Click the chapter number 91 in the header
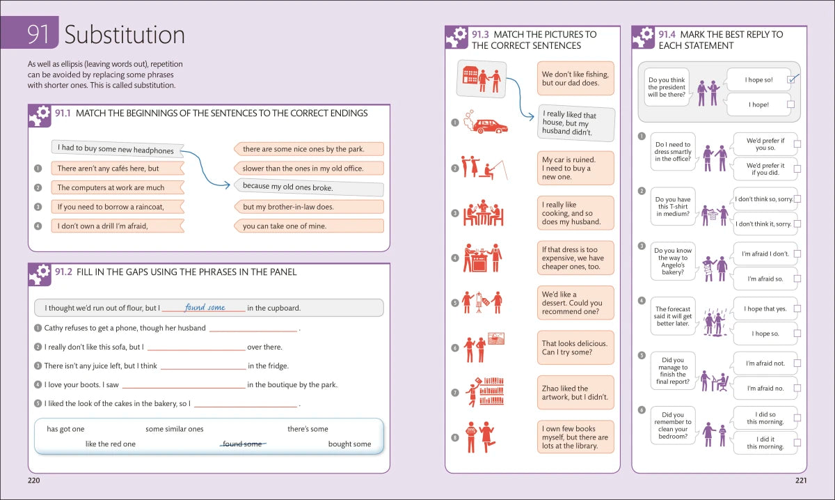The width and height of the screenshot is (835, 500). coord(38,35)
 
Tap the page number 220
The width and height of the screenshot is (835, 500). coord(34,481)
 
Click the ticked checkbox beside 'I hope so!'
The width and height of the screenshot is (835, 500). coord(791,79)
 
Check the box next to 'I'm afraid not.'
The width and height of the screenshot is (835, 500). coord(797,364)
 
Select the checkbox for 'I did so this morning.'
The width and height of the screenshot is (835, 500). coord(797,418)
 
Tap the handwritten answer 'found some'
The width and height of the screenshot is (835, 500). coord(205,308)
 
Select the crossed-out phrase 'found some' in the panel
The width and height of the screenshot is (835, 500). coord(242,444)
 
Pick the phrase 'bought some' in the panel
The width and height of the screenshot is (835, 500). coord(349,444)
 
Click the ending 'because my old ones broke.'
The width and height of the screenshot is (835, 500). coord(308,187)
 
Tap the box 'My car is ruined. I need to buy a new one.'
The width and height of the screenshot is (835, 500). coord(575,169)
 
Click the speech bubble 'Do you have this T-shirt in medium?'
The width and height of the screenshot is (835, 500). coord(673,207)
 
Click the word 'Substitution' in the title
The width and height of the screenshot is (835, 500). coord(125,35)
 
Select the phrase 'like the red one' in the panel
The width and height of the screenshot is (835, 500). coord(111,444)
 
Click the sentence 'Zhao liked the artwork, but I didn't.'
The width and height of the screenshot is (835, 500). coord(575,393)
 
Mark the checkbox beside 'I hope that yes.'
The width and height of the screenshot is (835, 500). coord(797,308)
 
